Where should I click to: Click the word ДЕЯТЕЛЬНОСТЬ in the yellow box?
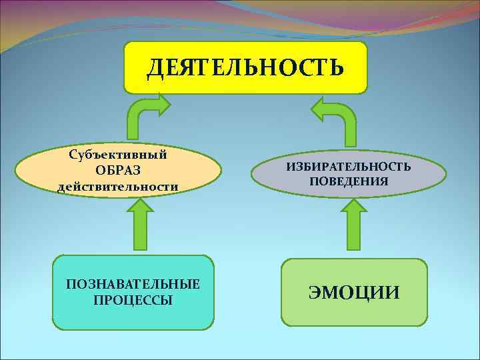coord(245,67)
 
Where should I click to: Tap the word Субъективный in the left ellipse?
coord(118,155)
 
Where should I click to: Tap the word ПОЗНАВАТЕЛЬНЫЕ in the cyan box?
coord(133,285)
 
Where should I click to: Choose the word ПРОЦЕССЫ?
coord(133,300)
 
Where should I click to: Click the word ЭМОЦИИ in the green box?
coord(353,292)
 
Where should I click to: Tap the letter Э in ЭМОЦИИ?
coord(315,292)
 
